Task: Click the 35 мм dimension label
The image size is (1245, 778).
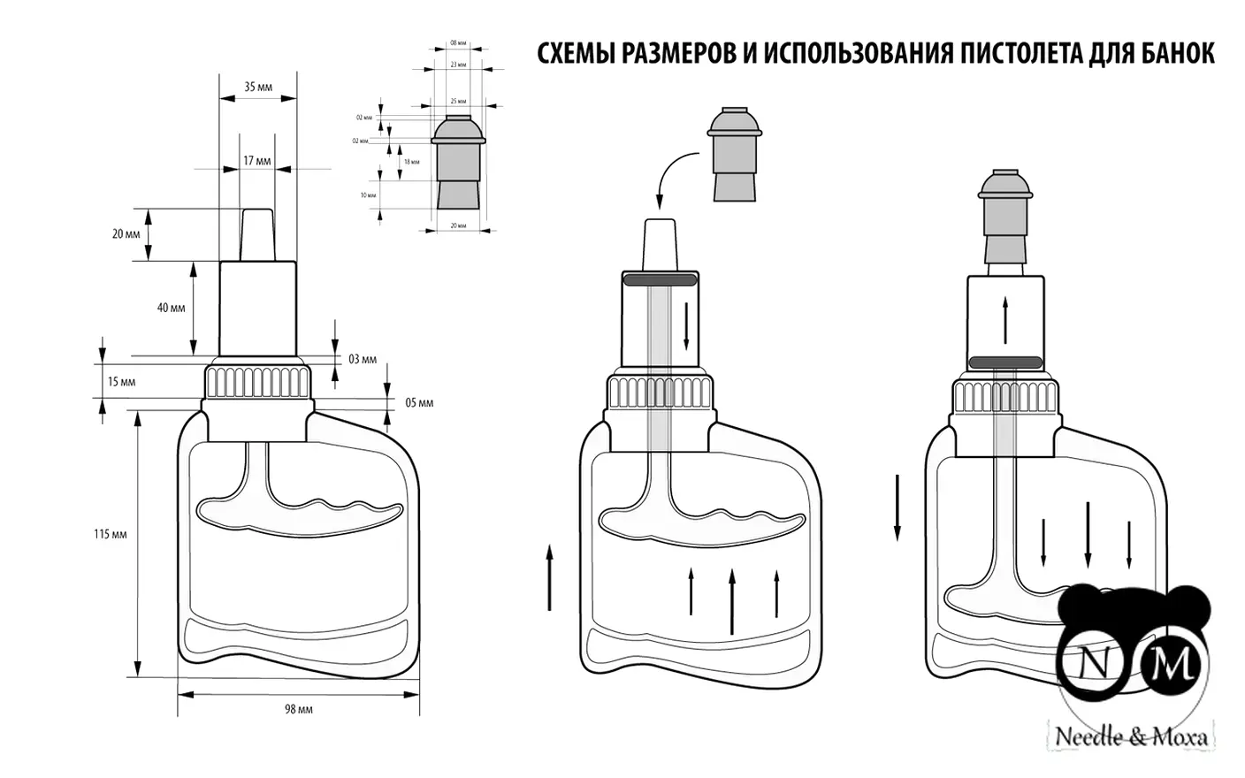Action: pyautogui.click(x=258, y=87)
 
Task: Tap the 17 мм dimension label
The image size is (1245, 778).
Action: pyautogui.click(x=256, y=161)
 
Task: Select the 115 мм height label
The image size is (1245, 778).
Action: pyautogui.click(x=111, y=534)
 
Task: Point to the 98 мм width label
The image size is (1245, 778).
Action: pyautogui.click(x=299, y=709)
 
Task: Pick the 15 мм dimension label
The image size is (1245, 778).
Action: pyautogui.click(x=122, y=382)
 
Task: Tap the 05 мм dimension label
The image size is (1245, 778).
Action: pyautogui.click(x=419, y=402)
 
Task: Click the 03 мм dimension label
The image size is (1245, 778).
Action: pyautogui.click(x=362, y=359)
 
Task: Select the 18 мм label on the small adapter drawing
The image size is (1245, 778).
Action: pyautogui.click(x=411, y=163)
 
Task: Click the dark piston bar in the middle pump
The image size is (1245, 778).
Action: pyautogui.click(x=660, y=280)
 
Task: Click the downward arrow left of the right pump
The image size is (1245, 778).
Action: pyautogui.click(x=897, y=507)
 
